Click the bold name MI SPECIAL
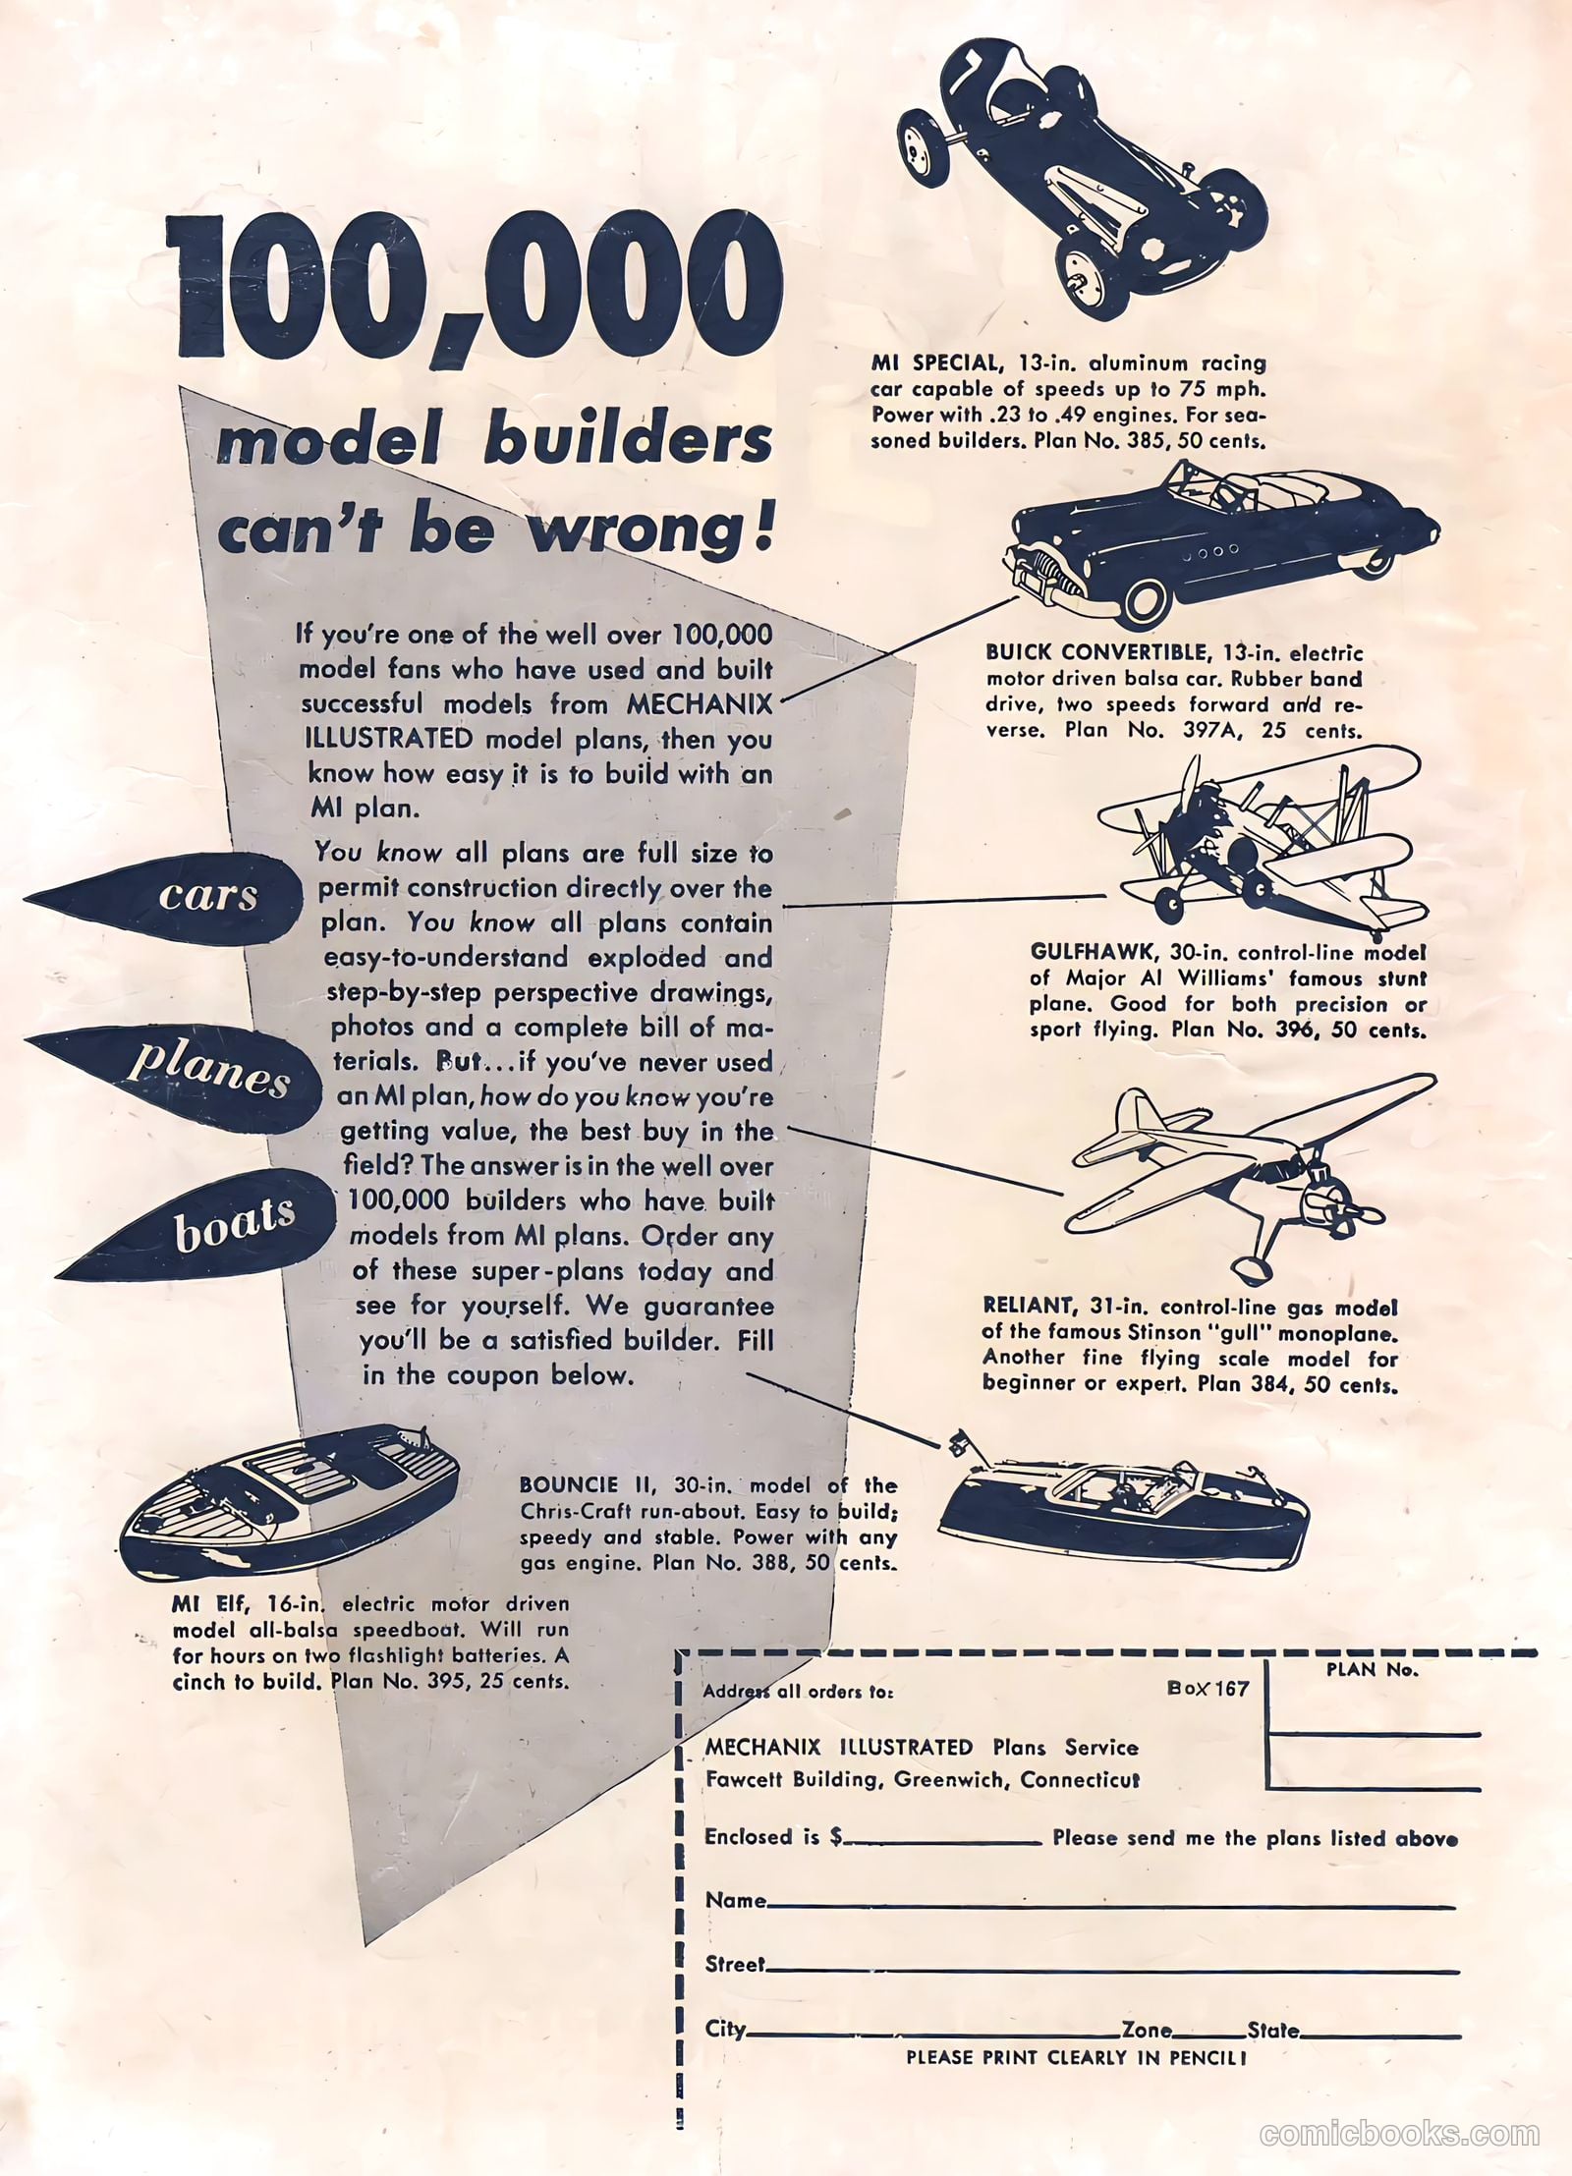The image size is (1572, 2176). tap(932, 364)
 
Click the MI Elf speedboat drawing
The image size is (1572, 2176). tap(290, 1502)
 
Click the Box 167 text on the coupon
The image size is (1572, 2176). tap(1207, 1688)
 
